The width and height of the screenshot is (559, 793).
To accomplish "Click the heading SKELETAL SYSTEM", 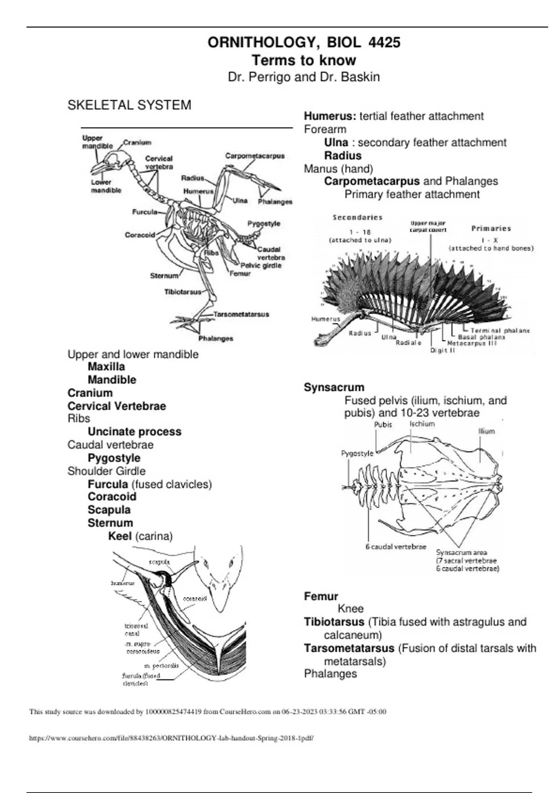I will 129,105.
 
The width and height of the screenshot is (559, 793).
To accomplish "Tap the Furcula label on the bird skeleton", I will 144,212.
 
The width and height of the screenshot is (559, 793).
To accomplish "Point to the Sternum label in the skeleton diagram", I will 164,276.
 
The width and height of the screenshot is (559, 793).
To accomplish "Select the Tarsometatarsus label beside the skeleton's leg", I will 241,314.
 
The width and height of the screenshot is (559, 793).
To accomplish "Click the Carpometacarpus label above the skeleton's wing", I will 255,156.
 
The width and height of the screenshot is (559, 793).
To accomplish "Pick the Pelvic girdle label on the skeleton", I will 261,265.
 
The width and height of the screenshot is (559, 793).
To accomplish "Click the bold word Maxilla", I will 106,367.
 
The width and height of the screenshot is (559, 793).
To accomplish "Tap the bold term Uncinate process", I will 135,431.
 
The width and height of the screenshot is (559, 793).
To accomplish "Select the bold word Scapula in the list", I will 109,510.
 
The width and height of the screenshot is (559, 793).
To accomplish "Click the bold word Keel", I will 120,536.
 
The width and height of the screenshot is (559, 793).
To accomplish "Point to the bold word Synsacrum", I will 334,387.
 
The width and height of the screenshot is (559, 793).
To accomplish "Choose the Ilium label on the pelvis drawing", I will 486,431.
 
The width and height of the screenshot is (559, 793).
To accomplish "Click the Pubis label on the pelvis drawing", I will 383,424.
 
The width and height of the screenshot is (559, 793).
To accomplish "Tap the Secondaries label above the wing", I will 358,217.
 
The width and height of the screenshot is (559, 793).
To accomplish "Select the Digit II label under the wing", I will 442,350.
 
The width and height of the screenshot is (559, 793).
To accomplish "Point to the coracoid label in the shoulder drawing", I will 195,598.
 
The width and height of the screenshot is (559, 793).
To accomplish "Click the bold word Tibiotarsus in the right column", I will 334,622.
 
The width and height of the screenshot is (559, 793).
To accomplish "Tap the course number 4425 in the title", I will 384,42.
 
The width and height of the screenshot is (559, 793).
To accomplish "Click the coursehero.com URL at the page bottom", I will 171,738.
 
